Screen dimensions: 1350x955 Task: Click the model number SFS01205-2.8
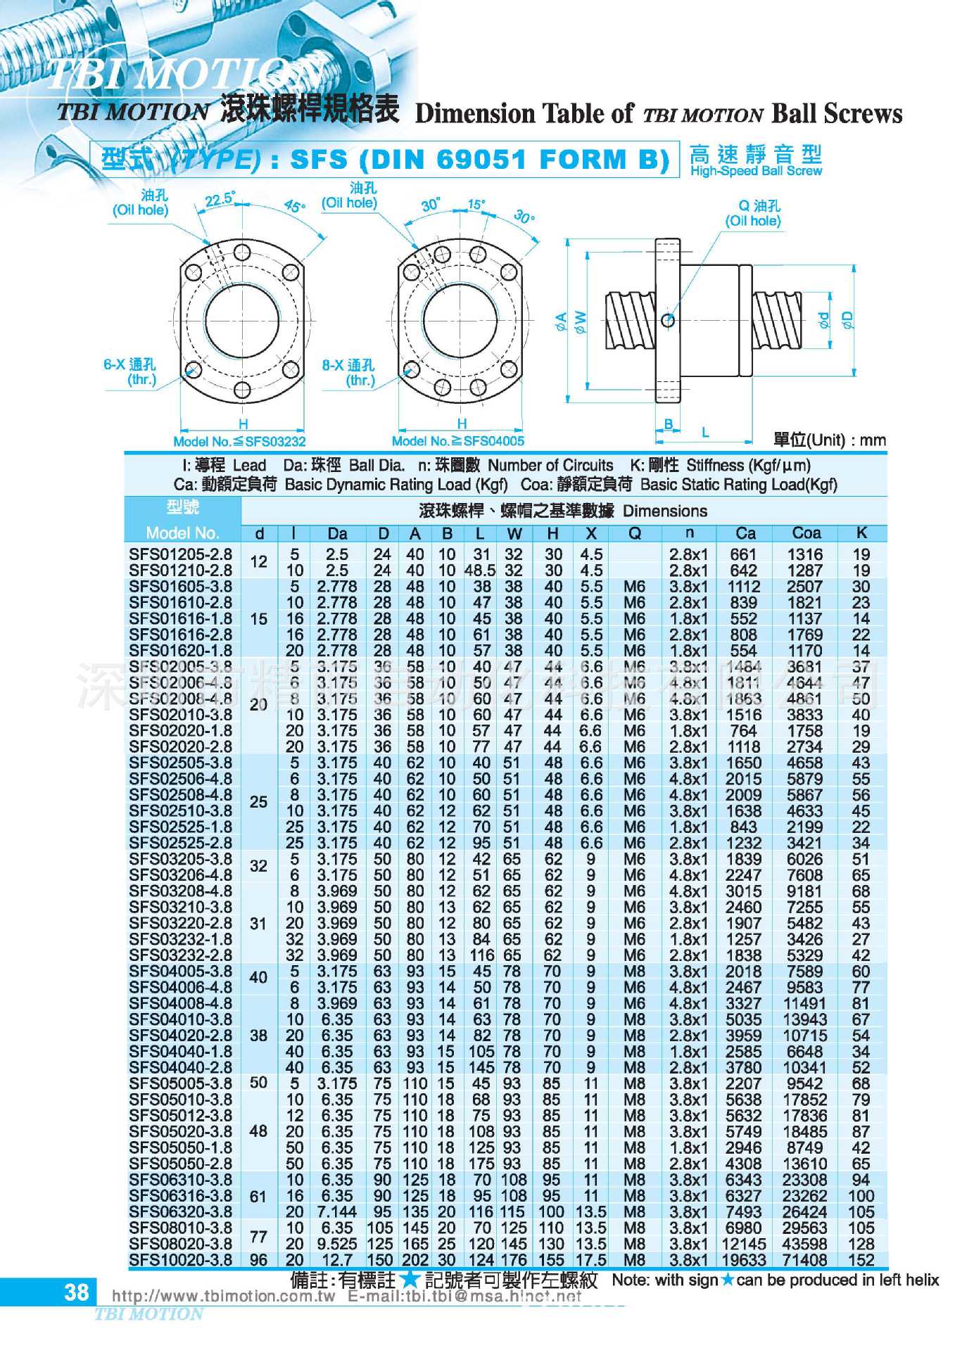pos(180,554)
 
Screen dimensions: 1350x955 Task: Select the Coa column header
pos(806,533)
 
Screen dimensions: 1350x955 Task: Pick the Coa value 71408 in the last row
pos(806,1260)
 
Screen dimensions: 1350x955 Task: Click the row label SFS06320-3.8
pos(180,1211)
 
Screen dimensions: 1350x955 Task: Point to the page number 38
pos(76,1292)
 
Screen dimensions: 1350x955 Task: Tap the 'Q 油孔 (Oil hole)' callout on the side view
pos(754,213)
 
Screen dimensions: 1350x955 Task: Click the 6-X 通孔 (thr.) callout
pos(130,371)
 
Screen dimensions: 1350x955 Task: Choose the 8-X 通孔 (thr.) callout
pos(348,372)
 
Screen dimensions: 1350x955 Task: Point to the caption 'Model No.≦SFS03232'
pos(239,442)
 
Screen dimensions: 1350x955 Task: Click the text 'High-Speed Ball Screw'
pos(756,171)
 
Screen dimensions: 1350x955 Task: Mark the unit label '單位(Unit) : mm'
pos(829,440)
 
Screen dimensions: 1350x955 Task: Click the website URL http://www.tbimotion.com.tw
pos(223,1297)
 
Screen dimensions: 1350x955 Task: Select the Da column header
pos(337,533)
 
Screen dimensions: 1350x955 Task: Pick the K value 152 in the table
pos(861,1260)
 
